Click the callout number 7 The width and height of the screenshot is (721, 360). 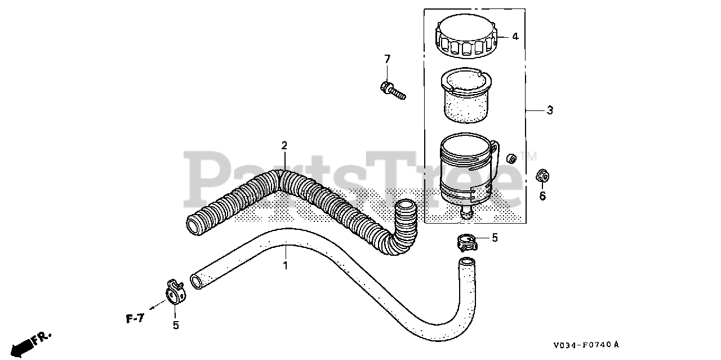coord(387,59)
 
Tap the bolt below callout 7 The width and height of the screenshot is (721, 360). coord(393,90)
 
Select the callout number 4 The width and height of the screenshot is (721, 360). coord(515,37)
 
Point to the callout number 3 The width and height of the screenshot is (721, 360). coord(550,110)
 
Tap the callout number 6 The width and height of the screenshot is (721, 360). coord(542,196)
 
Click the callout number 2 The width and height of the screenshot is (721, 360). coord(284,145)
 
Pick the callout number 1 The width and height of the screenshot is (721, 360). coord(285,265)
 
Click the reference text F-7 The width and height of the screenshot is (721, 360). coord(135,319)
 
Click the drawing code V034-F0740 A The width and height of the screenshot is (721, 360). coord(585,344)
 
